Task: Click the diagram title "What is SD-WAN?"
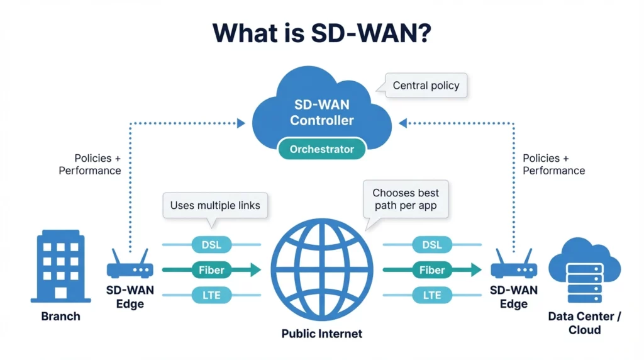point(321,33)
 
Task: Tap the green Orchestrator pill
point(321,150)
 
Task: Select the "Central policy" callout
point(426,86)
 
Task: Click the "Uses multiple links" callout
point(214,205)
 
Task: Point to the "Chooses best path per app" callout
point(406,199)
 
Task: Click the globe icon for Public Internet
point(321,269)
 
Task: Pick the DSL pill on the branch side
point(211,244)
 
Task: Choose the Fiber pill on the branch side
point(211,270)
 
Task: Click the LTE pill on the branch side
point(211,295)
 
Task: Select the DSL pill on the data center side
point(432,244)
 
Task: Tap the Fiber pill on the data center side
point(432,270)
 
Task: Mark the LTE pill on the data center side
point(432,295)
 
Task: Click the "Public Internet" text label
point(321,334)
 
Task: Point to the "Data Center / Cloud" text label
point(584,323)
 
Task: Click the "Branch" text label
point(60,316)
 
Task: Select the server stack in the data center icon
point(585,283)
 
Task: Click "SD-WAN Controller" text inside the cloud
point(321,112)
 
